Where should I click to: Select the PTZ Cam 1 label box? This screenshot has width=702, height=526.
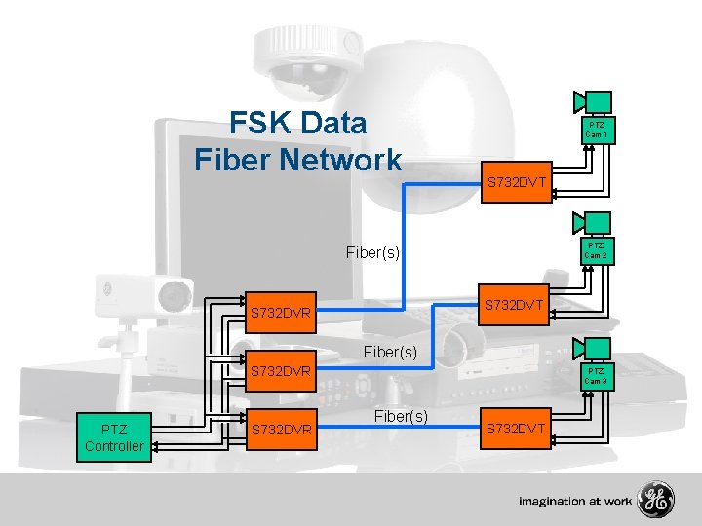click(x=596, y=131)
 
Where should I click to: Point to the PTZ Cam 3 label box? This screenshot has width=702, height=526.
click(x=596, y=376)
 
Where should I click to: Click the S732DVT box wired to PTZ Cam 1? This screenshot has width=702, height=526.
click(x=518, y=182)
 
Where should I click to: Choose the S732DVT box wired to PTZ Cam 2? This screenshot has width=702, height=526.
click(x=518, y=306)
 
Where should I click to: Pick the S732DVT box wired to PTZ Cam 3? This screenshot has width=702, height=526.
click(x=518, y=429)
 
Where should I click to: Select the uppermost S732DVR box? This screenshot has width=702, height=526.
click(x=281, y=314)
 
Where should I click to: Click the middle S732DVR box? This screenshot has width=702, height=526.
click(x=281, y=371)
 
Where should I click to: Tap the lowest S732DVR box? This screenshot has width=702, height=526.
click(x=281, y=430)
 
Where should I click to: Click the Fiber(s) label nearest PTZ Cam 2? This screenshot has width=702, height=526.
click(x=373, y=252)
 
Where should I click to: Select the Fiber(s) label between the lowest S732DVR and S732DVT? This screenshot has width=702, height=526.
click(x=400, y=416)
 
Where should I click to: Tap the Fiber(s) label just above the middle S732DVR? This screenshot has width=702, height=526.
click(x=390, y=352)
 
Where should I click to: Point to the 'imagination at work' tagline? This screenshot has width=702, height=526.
click(x=575, y=501)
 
